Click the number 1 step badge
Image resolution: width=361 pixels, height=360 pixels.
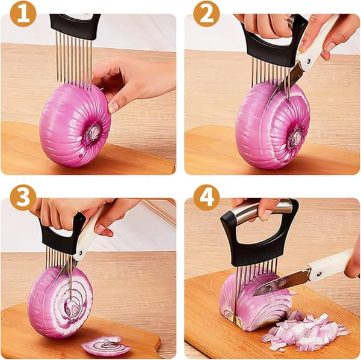point(23,14)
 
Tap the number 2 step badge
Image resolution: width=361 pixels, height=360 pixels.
point(206,14)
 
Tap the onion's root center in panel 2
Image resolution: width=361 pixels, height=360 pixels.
point(297,136)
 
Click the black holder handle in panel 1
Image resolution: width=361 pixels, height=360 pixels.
point(75,25)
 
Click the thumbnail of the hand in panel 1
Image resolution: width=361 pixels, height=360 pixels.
point(113,108)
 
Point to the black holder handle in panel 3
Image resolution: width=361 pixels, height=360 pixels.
point(60,237)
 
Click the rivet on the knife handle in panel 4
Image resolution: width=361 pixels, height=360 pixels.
point(319,273)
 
